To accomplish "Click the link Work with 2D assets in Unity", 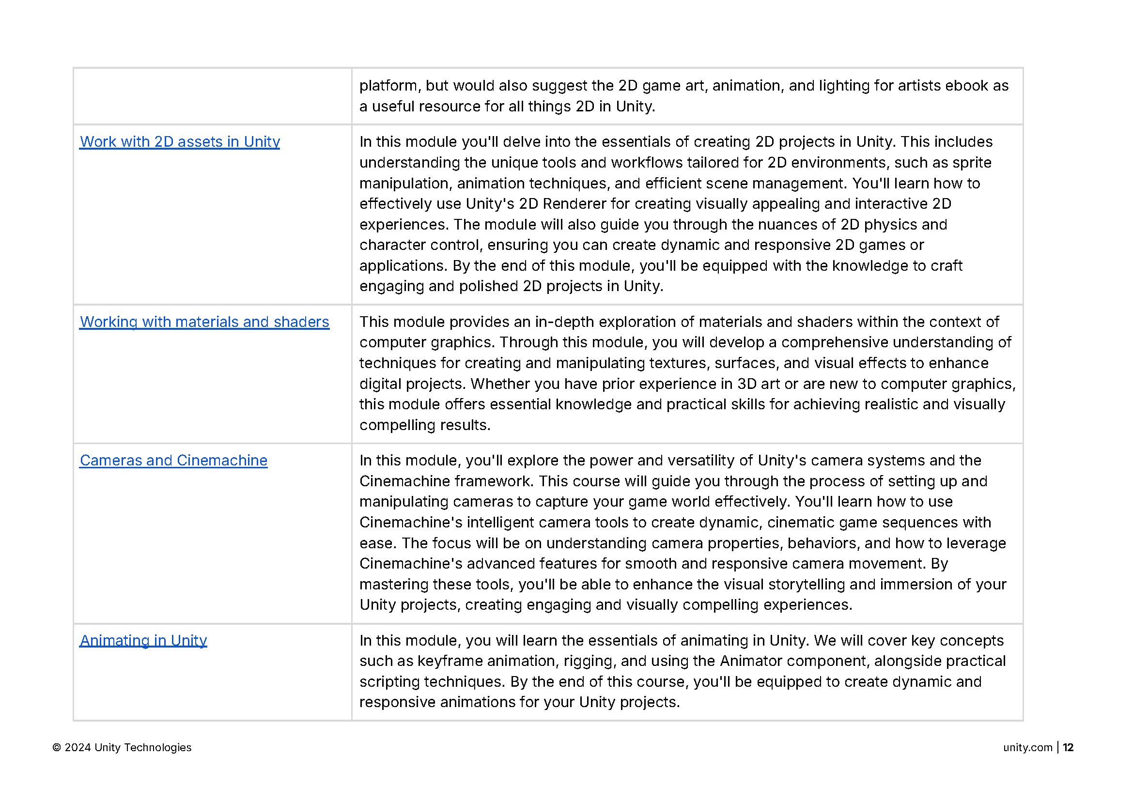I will click(x=180, y=142).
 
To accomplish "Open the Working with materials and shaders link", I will click(x=204, y=322).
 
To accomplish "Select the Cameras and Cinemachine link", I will click(x=173, y=461).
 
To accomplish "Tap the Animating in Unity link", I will click(x=143, y=641).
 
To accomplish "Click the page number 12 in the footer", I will click(x=1068, y=748).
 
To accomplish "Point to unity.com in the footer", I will click(x=1027, y=748).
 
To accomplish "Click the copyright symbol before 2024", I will click(x=57, y=748).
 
